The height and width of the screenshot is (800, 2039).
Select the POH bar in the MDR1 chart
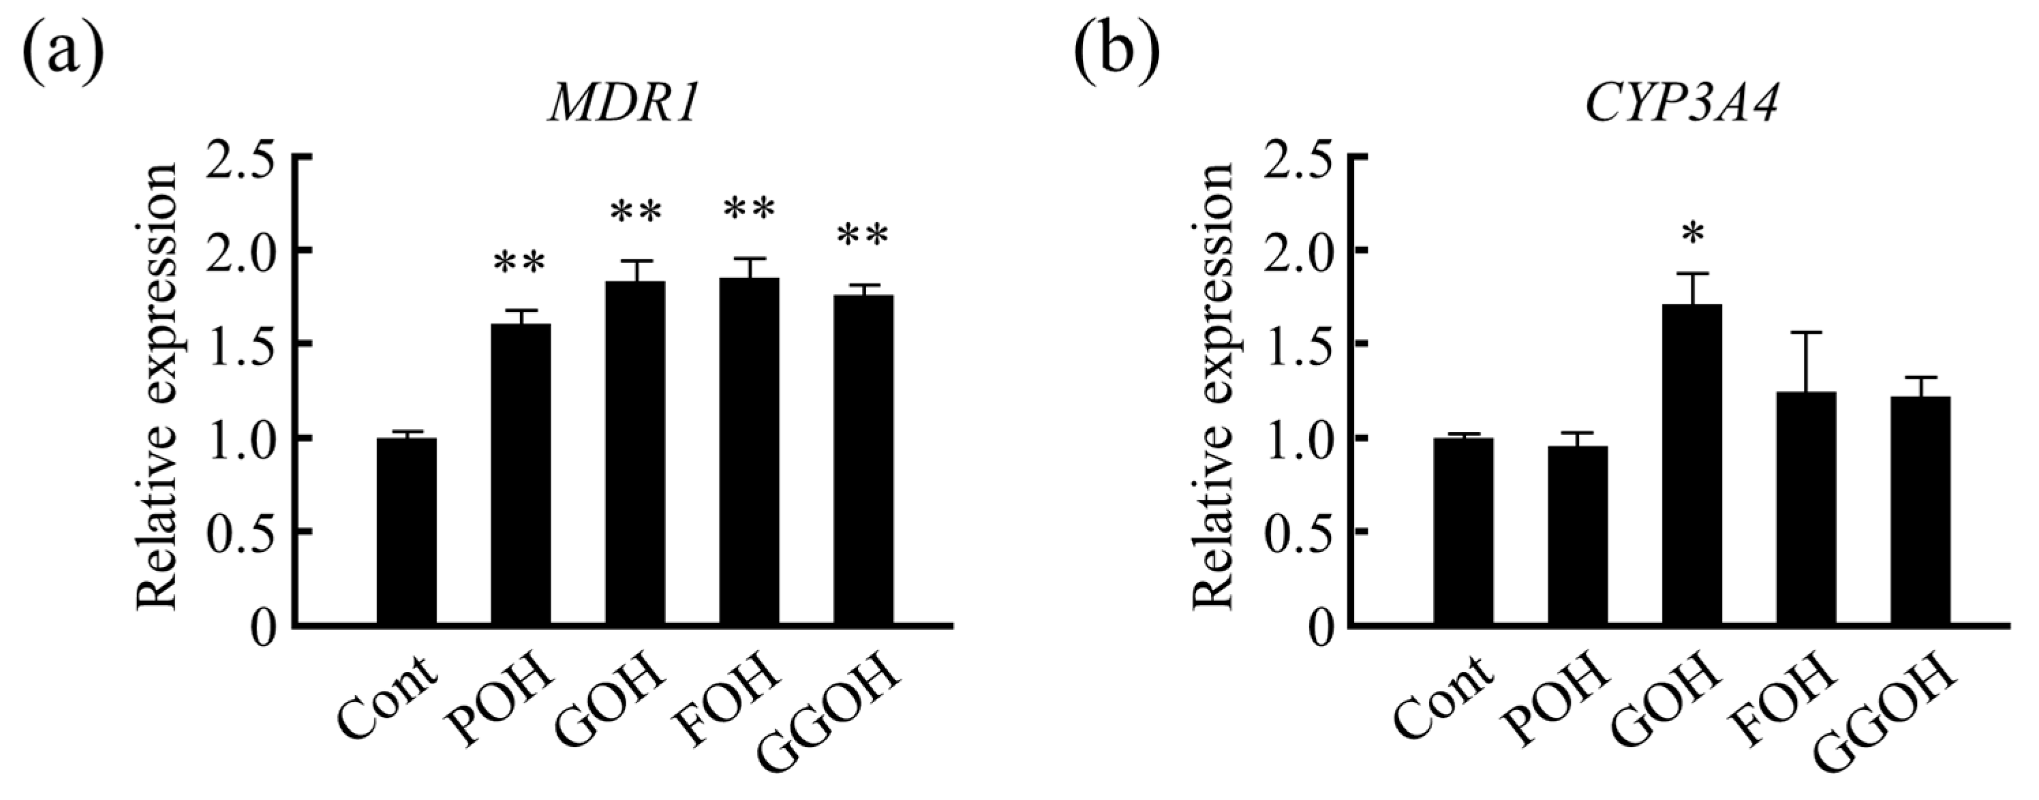pos(521,475)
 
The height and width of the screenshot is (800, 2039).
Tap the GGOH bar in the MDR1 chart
pos(863,461)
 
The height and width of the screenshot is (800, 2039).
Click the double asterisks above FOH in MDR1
pos(750,210)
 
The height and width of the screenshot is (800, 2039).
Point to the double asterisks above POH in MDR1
pos(521,264)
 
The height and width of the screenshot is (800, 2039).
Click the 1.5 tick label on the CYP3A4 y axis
pos(1298,343)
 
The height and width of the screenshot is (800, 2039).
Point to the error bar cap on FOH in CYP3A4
pos(1807,333)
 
